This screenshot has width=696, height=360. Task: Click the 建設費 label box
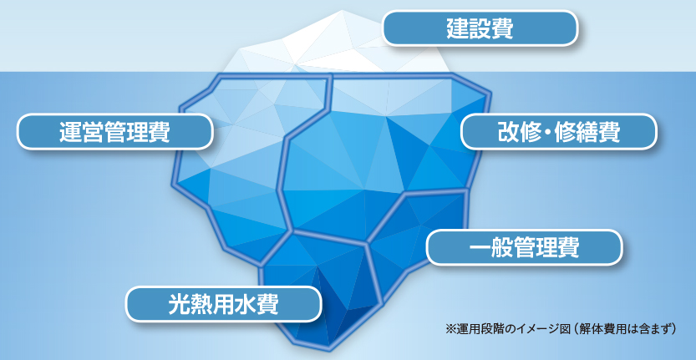pyautogui.click(x=480, y=28)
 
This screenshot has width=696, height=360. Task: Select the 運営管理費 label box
pyautogui.click(x=115, y=132)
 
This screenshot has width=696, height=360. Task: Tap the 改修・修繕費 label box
pyautogui.click(x=558, y=131)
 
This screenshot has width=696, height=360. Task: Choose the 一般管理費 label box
pyautogui.click(x=524, y=248)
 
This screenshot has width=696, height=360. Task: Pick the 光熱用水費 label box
pyautogui.click(x=223, y=304)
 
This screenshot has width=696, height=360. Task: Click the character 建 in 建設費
pyautogui.click(x=457, y=28)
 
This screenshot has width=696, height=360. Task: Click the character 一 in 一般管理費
pyautogui.click(x=480, y=248)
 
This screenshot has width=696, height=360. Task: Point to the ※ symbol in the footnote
pyautogui.click(x=450, y=329)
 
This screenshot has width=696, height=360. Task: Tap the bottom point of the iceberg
pyautogui.click(x=329, y=349)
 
